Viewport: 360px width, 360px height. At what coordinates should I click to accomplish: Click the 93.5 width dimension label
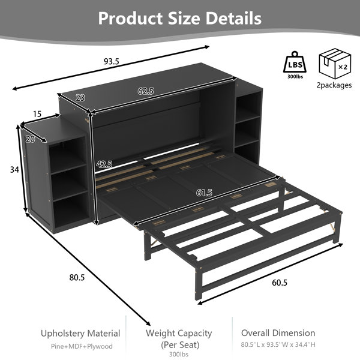112,62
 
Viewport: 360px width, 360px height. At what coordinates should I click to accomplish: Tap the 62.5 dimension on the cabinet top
146,91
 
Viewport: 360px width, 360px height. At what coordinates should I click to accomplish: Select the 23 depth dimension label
80,98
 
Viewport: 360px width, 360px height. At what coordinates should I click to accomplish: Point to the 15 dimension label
37,113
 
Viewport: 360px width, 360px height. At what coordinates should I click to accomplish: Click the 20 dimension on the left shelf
31,139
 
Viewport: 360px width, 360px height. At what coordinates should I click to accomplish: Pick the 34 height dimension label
14,170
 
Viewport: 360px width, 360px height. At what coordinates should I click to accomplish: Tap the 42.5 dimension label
104,164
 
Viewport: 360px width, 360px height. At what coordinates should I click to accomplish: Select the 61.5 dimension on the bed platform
204,193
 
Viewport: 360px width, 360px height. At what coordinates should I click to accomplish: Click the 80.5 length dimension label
77,278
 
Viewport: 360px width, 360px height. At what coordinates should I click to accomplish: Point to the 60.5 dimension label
280,283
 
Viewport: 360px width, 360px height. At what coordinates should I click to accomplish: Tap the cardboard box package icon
335,64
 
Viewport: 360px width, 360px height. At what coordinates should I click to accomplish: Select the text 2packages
334,85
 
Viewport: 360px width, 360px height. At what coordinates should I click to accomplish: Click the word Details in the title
233,19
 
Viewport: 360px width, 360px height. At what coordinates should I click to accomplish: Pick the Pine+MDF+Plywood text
82,346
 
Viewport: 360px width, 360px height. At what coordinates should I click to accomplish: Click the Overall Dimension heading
278,333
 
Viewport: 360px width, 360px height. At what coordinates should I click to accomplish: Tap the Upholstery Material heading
80,334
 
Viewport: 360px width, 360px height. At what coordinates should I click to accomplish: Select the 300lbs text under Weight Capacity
179,354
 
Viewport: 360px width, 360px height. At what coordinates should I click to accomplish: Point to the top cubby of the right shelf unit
249,105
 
